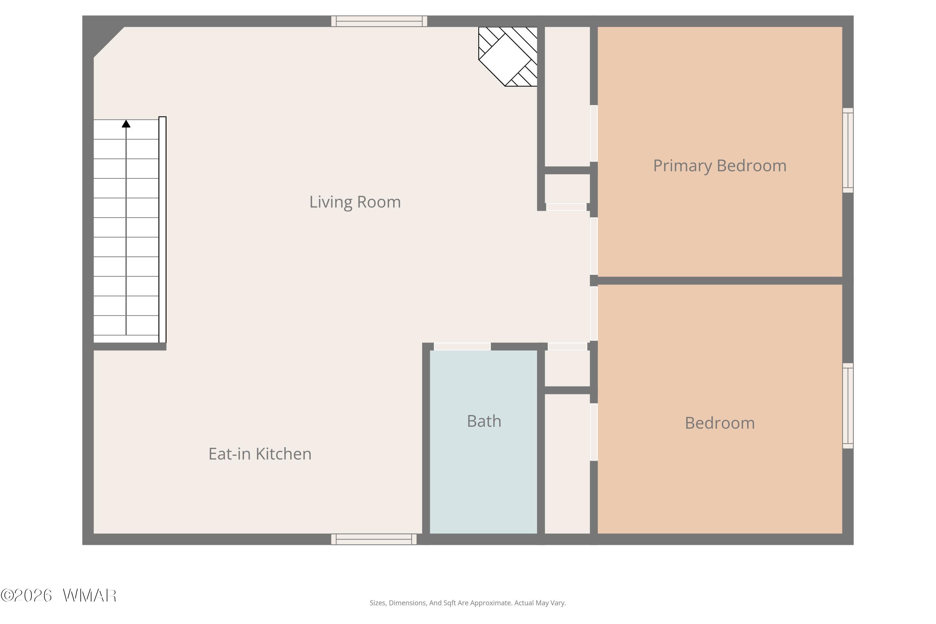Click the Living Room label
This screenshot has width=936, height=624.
355,202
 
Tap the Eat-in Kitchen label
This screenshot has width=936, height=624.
260,454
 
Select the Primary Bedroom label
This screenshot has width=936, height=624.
719,166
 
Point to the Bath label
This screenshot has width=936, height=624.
484,421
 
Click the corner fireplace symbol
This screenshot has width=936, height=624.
508,56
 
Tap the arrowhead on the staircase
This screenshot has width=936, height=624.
126,124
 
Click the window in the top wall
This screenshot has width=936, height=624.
379,21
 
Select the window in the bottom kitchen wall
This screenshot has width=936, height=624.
374,539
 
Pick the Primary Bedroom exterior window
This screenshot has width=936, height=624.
848,150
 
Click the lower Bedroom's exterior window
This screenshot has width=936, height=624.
848,406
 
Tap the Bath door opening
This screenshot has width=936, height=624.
462,347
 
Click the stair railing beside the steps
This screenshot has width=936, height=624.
162,230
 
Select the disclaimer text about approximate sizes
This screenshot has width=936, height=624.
468,603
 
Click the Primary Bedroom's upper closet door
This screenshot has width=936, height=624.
594,133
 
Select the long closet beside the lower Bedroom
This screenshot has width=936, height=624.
567,464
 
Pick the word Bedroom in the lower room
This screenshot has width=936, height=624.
719,423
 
